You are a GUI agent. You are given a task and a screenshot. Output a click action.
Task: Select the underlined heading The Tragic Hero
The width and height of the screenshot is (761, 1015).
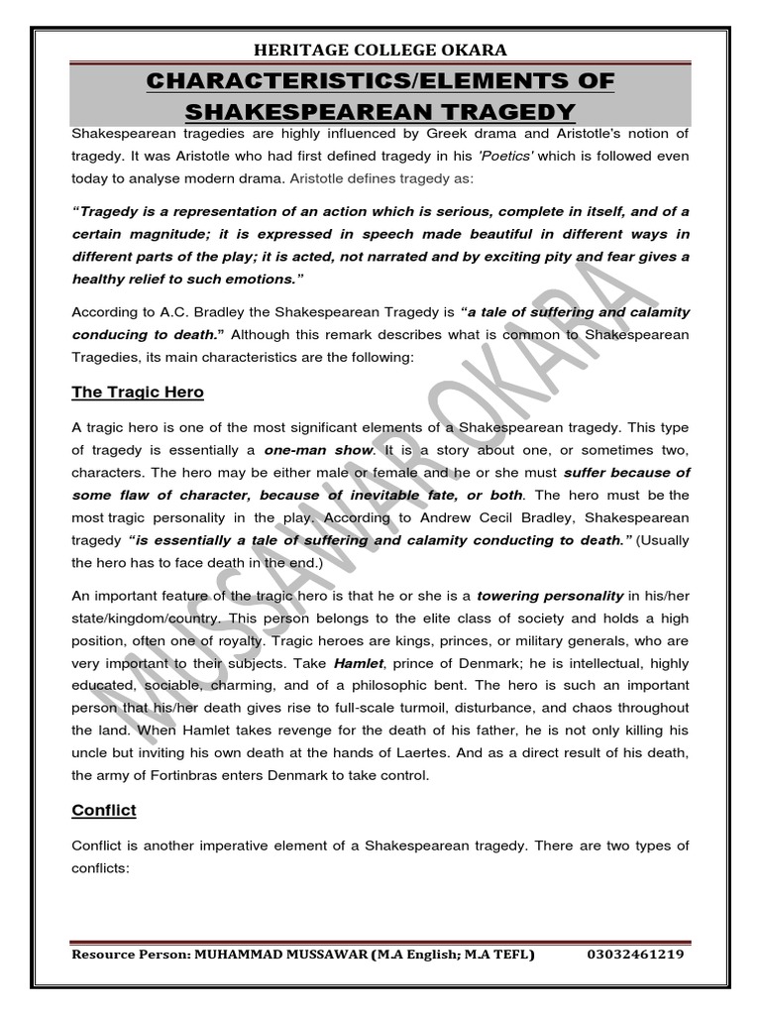click(x=138, y=392)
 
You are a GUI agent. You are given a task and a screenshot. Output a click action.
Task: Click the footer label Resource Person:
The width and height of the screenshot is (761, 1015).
click(x=134, y=955)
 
